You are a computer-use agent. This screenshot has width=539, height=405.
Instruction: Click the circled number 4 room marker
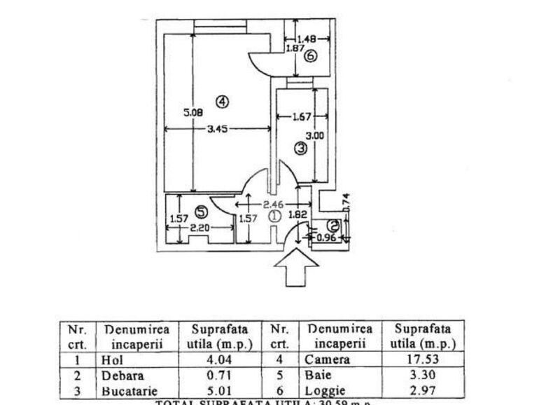(222, 102)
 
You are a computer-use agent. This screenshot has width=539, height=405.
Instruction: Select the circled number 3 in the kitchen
(300, 149)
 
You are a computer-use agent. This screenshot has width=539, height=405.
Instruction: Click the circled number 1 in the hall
(274, 217)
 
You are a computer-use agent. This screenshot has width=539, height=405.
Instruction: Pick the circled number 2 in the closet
(334, 226)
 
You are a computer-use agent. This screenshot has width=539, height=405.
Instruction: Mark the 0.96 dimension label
(327, 237)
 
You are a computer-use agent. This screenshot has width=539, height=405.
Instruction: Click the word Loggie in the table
(326, 391)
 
